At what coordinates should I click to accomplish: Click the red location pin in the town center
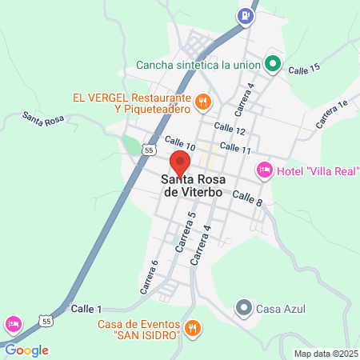point(180,163)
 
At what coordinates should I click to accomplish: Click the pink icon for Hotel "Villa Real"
point(263,170)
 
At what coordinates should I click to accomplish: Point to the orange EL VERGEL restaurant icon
point(203,102)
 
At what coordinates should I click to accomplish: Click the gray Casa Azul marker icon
point(244,308)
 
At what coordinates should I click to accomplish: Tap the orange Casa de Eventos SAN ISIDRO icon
point(192,328)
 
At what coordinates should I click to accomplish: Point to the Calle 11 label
point(235,149)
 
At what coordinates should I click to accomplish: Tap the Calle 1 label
point(87,309)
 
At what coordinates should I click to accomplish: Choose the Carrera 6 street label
point(149,276)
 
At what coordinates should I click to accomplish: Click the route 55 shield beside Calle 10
point(148,150)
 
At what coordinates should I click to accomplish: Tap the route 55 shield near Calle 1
point(47,321)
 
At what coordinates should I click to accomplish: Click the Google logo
point(26,350)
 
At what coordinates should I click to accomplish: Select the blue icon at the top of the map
point(245,14)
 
